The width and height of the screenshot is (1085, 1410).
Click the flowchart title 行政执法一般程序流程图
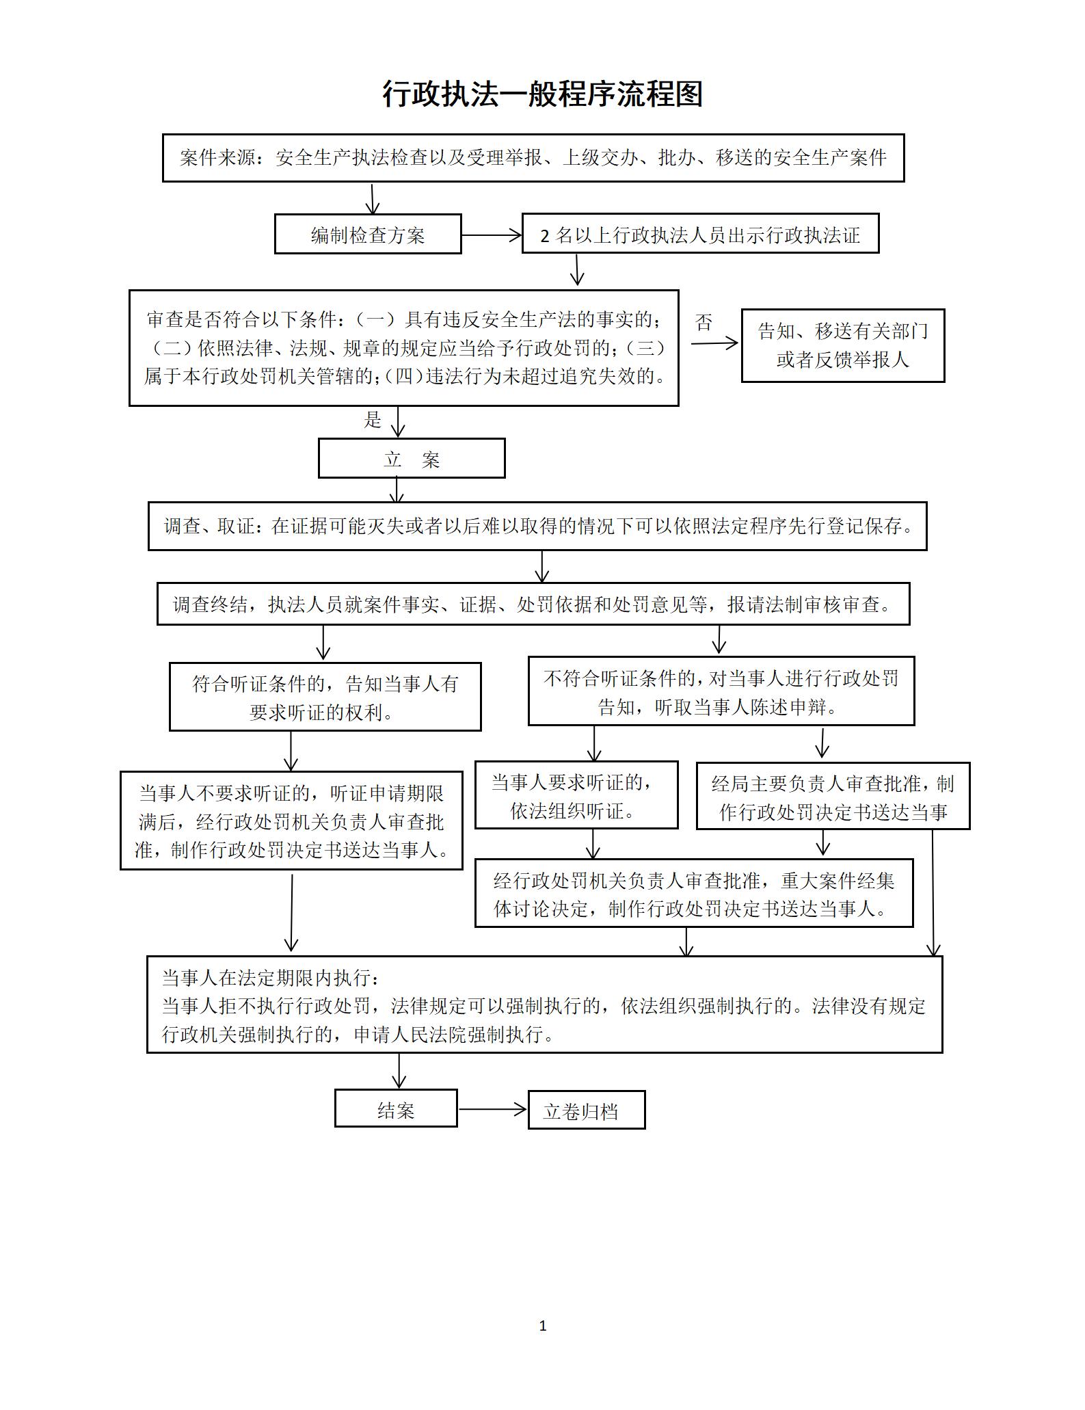point(542,94)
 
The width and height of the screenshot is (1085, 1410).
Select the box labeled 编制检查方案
point(368,235)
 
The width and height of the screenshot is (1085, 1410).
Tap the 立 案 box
point(412,459)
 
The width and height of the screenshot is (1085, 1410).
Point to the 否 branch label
point(704,323)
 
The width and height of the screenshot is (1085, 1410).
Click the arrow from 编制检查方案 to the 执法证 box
point(492,235)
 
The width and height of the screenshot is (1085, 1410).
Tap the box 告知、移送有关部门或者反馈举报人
point(842,345)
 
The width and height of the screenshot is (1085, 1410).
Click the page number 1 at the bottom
point(543,1326)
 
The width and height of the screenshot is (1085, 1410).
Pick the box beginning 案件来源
point(533,158)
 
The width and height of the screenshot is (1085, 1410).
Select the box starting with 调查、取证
point(537,527)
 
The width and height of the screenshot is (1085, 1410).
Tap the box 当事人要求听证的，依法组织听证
point(576,795)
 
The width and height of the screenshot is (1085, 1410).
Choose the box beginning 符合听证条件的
point(325,697)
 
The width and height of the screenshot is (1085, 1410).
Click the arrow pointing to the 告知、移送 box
point(714,343)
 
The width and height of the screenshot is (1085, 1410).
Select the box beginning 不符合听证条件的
point(721,691)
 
